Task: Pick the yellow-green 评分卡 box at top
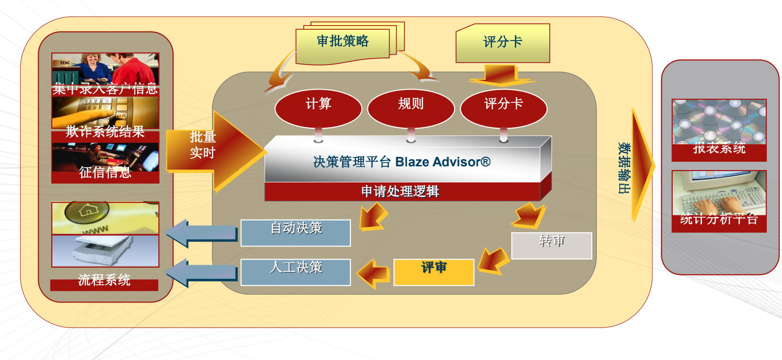pos(503,43)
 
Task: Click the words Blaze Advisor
pos(443,162)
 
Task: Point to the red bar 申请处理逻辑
pos(400,191)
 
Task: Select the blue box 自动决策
pos(296,232)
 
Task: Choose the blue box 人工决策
pos(296,272)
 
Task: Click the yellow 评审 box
pos(434,272)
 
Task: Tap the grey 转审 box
pos(552,245)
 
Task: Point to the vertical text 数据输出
pos(624,168)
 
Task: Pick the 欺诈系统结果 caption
pos(105,132)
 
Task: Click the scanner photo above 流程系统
pos(105,250)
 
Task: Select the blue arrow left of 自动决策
pos(202,233)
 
